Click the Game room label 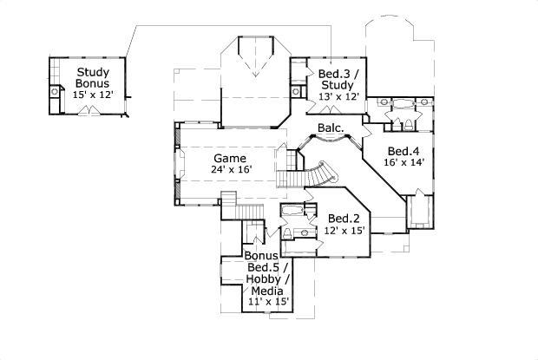(230, 159)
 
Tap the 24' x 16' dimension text (232, 169)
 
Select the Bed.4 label (403, 151)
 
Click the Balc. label (331, 128)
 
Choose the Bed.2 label (344, 219)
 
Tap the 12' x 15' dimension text (344, 230)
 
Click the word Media (267, 291)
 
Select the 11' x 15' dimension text (268, 302)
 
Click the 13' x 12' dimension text (339, 96)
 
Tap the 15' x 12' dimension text (93, 95)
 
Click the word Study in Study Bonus (93, 72)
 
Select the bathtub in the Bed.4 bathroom (403, 103)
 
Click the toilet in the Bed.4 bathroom (409, 125)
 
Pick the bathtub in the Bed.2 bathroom (292, 210)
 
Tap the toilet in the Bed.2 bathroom (287, 233)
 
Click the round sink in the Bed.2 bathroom (305, 232)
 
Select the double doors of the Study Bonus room (89, 111)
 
